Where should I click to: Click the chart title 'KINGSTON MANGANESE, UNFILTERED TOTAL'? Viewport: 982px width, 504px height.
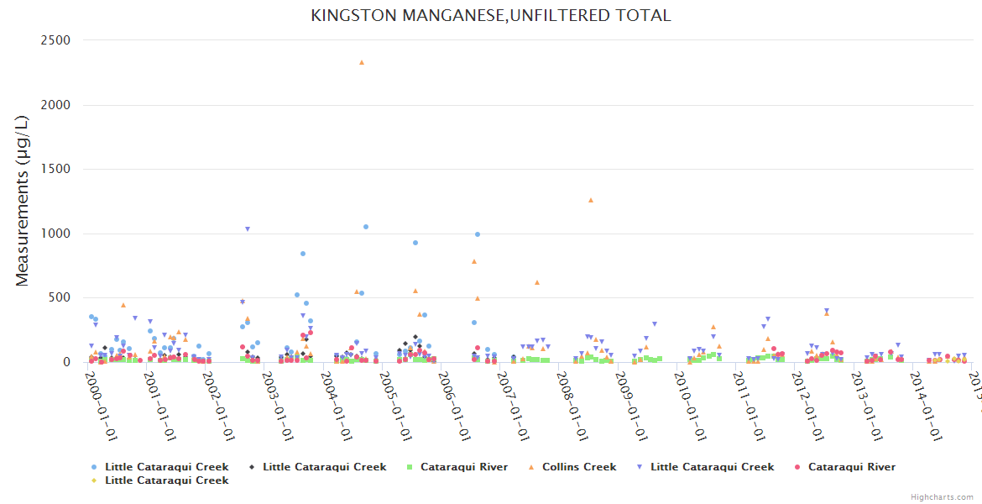click(x=491, y=15)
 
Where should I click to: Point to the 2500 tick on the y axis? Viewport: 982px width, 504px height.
click(x=56, y=40)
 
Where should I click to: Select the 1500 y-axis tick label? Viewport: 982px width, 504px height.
click(x=56, y=170)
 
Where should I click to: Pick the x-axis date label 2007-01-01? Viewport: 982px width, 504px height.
click(x=511, y=407)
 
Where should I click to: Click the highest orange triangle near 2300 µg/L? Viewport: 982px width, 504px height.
click(x=362, y=62)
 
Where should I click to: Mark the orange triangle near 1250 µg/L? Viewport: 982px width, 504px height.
click(x=591, y=200)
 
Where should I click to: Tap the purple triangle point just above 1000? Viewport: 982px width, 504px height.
click(x=248, y=228)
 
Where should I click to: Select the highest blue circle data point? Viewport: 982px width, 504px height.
click(x=366, y=227)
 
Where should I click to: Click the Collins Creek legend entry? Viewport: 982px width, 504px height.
click(x=579, y=467)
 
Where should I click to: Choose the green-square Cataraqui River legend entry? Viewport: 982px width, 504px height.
click(x=463, y=467)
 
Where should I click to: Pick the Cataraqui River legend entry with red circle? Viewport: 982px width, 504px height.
click(x=851, y=467)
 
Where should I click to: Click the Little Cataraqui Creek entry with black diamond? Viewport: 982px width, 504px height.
click(x=324, y=467)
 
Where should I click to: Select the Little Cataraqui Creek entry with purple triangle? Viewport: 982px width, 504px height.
click(x=712, y=467)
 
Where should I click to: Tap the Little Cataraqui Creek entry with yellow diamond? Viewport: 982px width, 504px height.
click(x=166, y=480)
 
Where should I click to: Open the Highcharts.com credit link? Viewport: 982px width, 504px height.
click(x=943, y=497)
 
